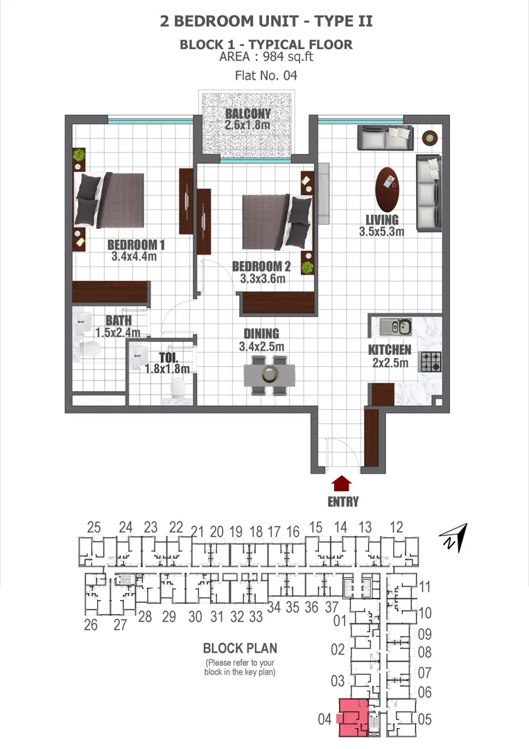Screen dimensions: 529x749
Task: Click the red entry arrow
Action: (x=341, y=483)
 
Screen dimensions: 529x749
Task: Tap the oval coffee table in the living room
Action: (x=387, y=189)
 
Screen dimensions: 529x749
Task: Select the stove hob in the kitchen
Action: (x=430, y=361)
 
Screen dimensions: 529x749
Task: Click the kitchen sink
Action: (x=396, y=327)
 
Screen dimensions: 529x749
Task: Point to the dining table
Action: (x=269, y=375)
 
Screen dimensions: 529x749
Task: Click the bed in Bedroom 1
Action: (x=110, y=200)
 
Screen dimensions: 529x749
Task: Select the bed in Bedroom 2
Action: (x=277, y=221)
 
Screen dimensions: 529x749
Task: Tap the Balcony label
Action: (x=248, y=113)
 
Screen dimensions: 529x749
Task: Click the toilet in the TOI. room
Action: (x=177, y=388)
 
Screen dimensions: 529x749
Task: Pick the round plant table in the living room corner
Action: (x=430, y=138)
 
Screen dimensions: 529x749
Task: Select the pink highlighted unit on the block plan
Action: (x=354, y=718)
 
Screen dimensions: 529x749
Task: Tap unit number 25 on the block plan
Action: (x=94, y=527)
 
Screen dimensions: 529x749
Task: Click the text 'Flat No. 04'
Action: (x=266, y=76)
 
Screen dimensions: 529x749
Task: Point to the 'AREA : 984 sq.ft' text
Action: (x=266, y=57)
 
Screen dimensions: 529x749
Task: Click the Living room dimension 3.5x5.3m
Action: (x=381, y=232)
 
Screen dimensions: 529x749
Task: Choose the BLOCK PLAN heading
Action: (x=240, y=648)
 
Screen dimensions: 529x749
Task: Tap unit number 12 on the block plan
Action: (x=397, y=527)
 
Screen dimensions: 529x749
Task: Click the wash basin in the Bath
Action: (x=84, y=322)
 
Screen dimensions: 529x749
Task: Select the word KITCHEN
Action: (x=390, y=350)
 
